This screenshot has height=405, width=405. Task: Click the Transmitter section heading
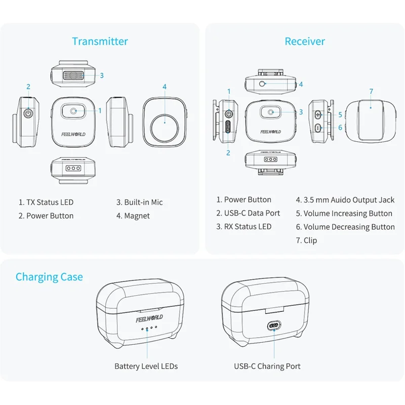coord(100,42)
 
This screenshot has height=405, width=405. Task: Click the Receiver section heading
coord(305,42)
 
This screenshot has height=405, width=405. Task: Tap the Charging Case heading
coord(49,277)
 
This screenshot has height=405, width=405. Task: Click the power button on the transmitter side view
coord(28,113)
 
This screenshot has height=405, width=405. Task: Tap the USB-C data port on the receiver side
coord(229,128)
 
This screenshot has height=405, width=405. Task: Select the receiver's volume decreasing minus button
coord(318,128)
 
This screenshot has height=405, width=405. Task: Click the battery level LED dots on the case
coord(147,328)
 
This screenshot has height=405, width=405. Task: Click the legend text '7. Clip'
coord(307,240)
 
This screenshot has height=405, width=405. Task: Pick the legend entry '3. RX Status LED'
coord(244,227)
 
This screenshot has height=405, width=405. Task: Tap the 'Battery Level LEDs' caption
coord(146,366)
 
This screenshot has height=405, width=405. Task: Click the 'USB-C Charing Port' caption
coord(267,366)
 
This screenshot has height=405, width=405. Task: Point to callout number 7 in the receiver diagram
coord(371,92)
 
